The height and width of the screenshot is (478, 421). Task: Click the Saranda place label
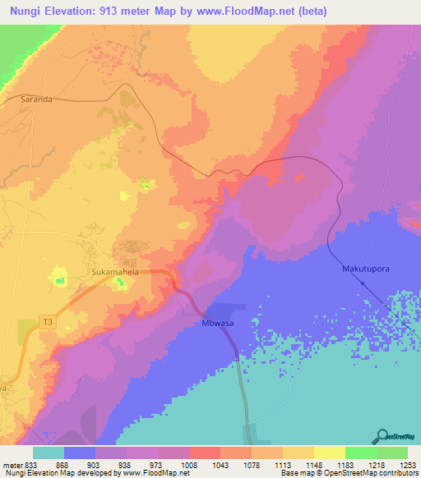tap(36, 99)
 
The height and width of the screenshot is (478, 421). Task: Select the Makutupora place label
tap(364, 269)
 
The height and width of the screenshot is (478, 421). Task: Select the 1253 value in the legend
tap(407, 463)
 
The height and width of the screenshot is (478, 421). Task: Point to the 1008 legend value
tap(189, 463)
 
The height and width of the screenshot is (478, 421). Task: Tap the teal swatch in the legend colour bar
tap(49, 453)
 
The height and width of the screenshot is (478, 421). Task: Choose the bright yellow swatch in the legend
tap(329, 453)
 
